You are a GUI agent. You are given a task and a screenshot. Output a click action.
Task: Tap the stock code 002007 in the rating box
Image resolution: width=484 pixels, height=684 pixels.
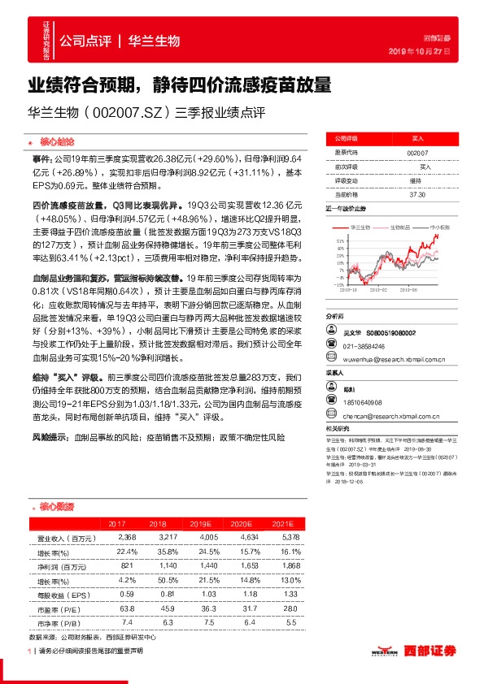(416, 153)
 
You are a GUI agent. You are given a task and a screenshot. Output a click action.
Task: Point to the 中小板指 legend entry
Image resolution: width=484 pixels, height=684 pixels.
(440, 228)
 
